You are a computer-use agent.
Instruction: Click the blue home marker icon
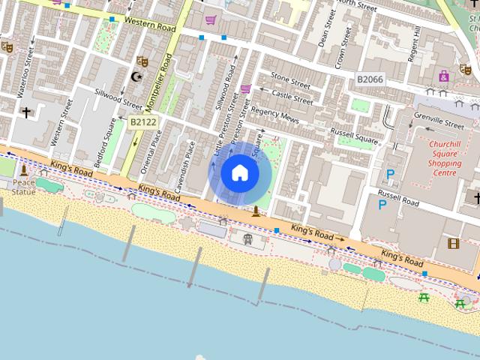pos(240,173)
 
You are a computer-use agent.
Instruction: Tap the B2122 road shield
pos(143,121)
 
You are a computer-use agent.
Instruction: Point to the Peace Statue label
pos(23,187)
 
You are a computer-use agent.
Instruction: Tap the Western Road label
pos(150,24)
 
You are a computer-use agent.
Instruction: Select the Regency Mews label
pos(274,115)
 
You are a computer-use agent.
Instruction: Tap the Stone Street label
pos(290,80)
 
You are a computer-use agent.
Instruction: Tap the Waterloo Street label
pos(25,73)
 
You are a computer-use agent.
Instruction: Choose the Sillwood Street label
pos(118,99)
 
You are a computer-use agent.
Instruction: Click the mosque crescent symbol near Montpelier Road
pos(136,76)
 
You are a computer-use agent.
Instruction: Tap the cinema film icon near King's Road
pos(453,243)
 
